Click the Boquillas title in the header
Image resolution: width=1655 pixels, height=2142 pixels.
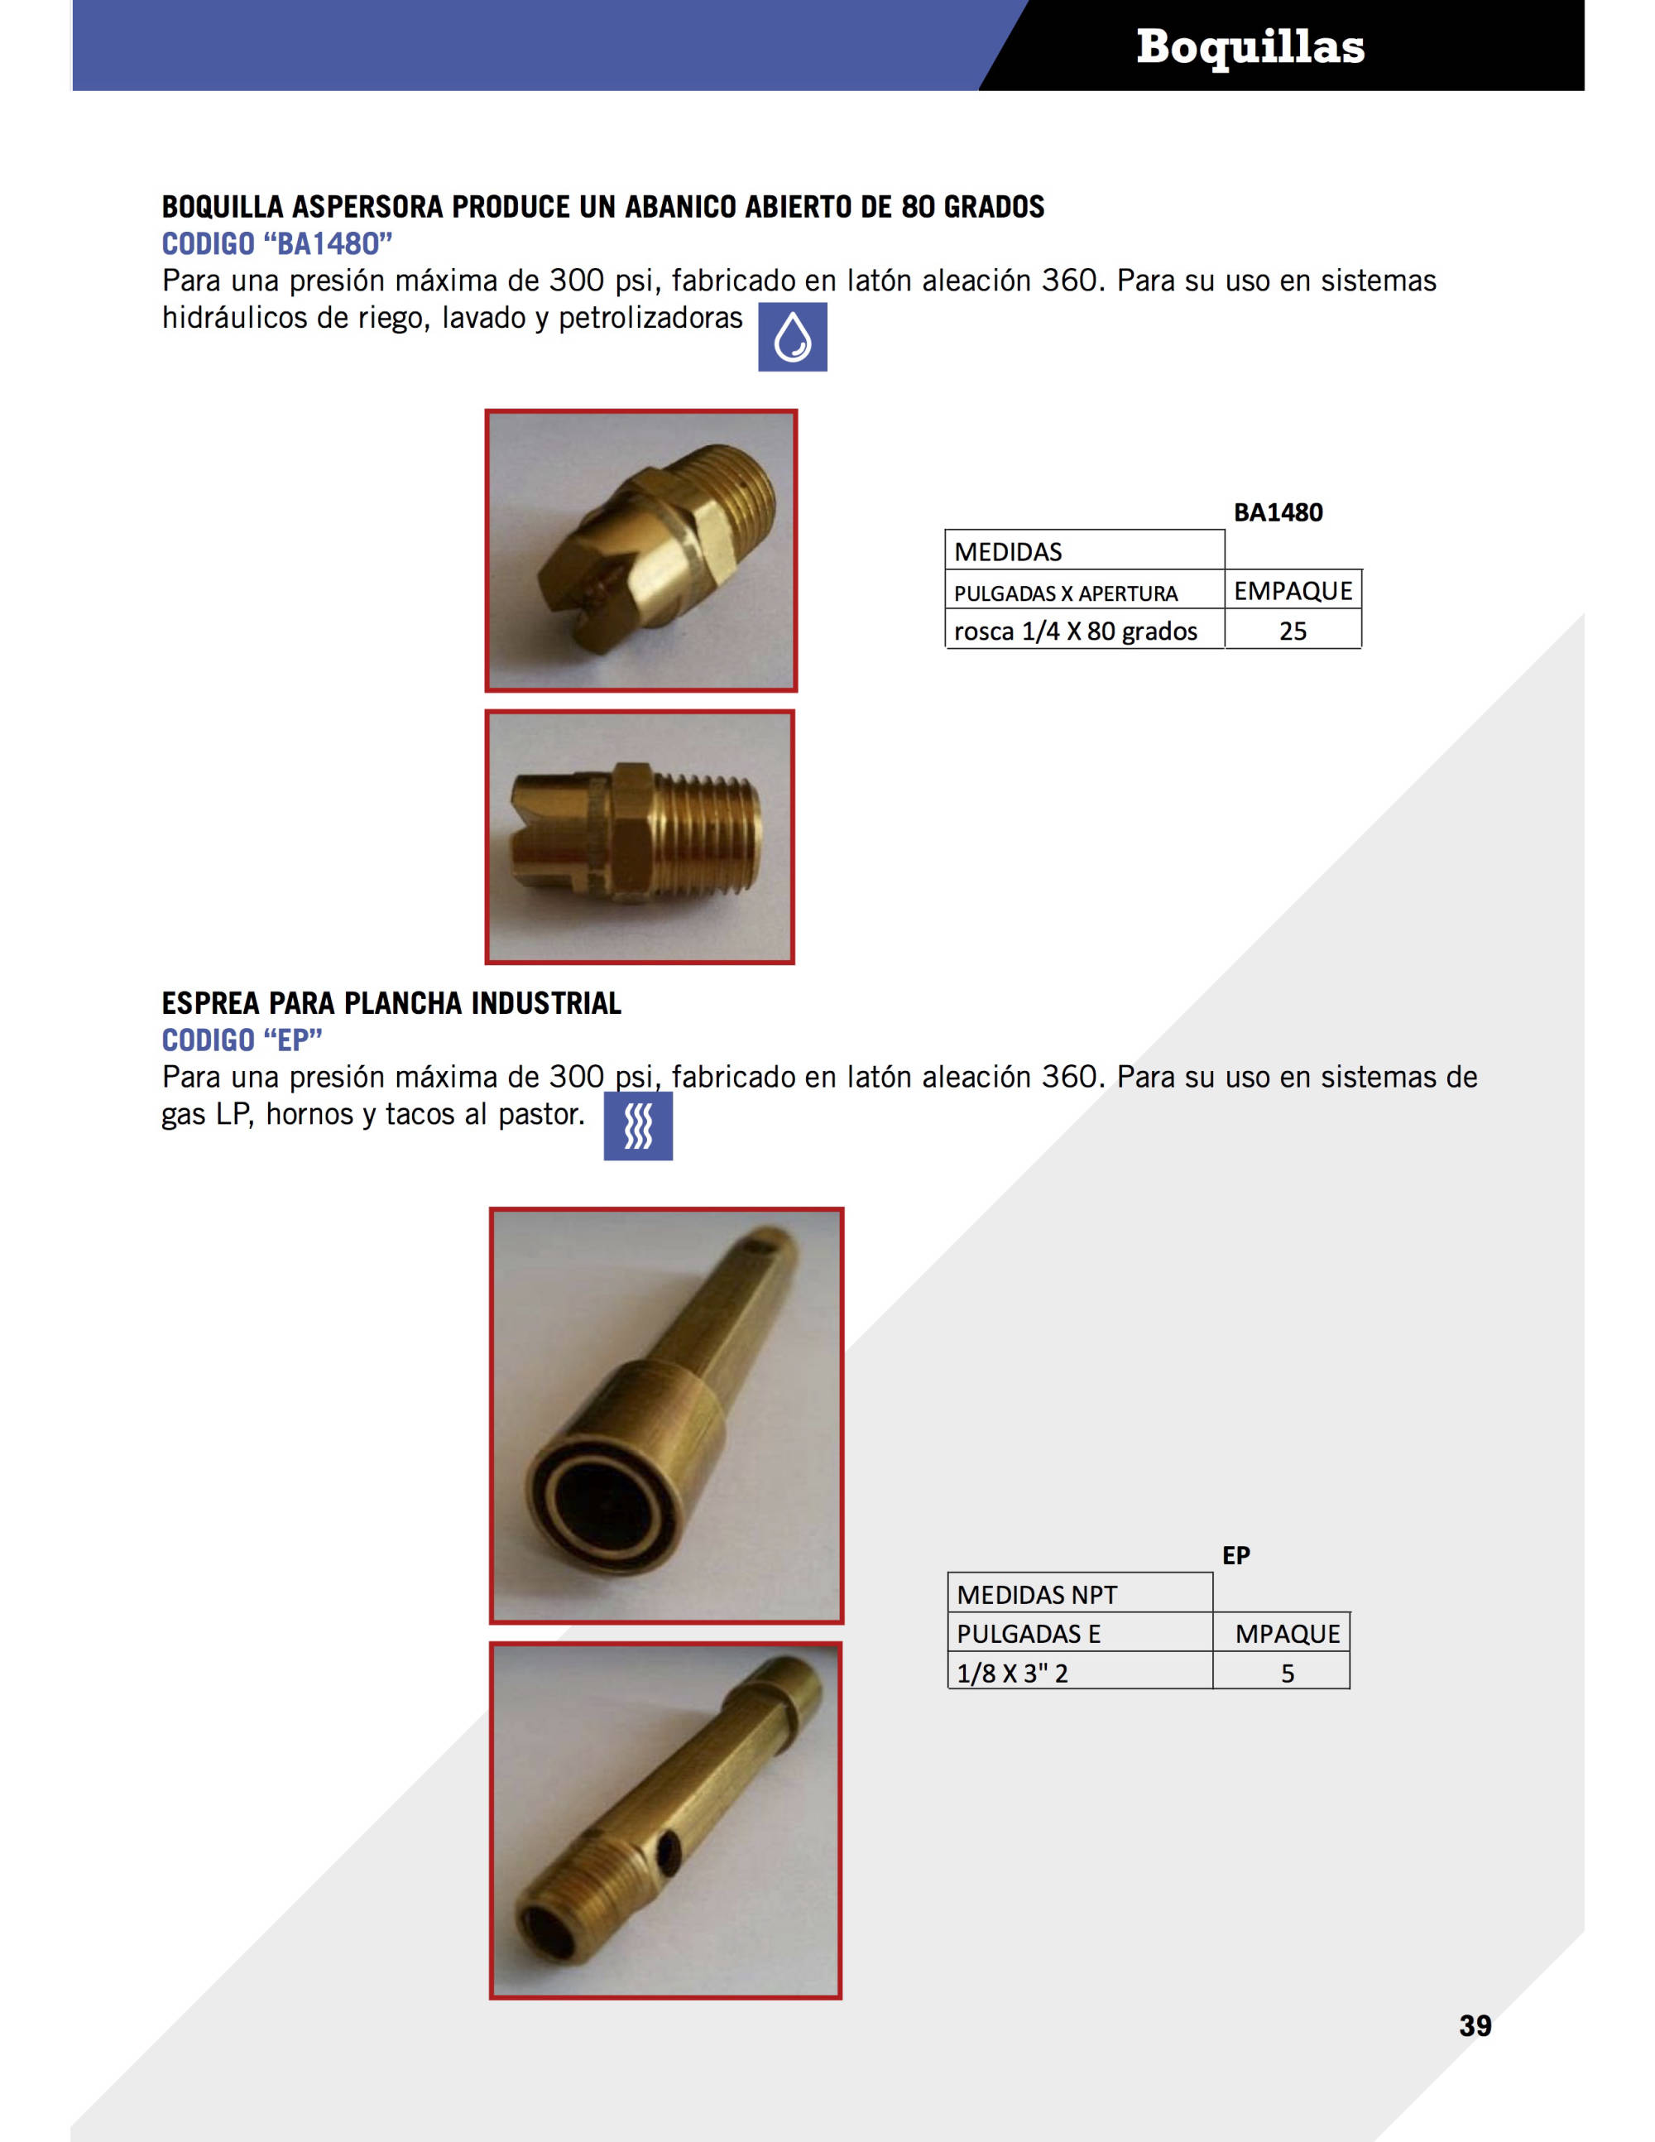[x=1250, y=47]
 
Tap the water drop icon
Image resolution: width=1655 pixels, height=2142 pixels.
[x=792, y=338]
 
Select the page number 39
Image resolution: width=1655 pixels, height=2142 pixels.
[x=1475, y=2025]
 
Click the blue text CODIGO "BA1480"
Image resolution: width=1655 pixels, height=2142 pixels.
[x=276, y=243]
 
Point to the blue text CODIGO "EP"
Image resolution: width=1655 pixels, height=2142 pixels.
[x=242, y=1040]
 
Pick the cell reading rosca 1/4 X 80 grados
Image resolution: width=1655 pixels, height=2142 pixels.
[x=1076, y=631]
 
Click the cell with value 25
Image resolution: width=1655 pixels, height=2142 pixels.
[x=1293, y=631]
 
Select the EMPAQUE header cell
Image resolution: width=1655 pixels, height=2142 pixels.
[x=1293, y=590]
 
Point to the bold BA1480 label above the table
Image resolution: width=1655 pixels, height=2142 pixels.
[x=1278, y=512]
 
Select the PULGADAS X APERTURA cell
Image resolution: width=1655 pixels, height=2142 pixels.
[x=1066, y=593]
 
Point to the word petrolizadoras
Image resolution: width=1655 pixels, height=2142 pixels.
[x=650, y=319]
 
